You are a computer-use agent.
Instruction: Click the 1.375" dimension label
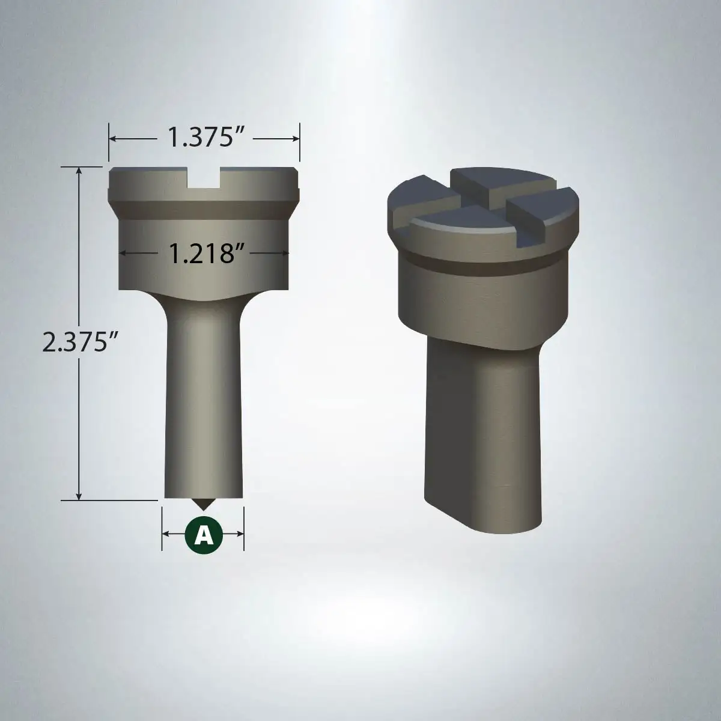click(x=205, y=137)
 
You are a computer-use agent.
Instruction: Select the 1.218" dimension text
click(x=204, y=253)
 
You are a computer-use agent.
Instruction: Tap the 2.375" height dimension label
click(x=80, y=342)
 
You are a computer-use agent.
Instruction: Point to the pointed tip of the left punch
click(x=203, y=510)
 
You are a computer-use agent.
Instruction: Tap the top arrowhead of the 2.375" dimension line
click(x=79, y=170)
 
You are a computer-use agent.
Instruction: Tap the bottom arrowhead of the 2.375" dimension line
click(x=79, y=496)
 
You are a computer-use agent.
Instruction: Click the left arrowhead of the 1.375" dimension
click(x=112, y=139)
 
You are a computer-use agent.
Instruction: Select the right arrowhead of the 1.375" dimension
click(x=296, y=139)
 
